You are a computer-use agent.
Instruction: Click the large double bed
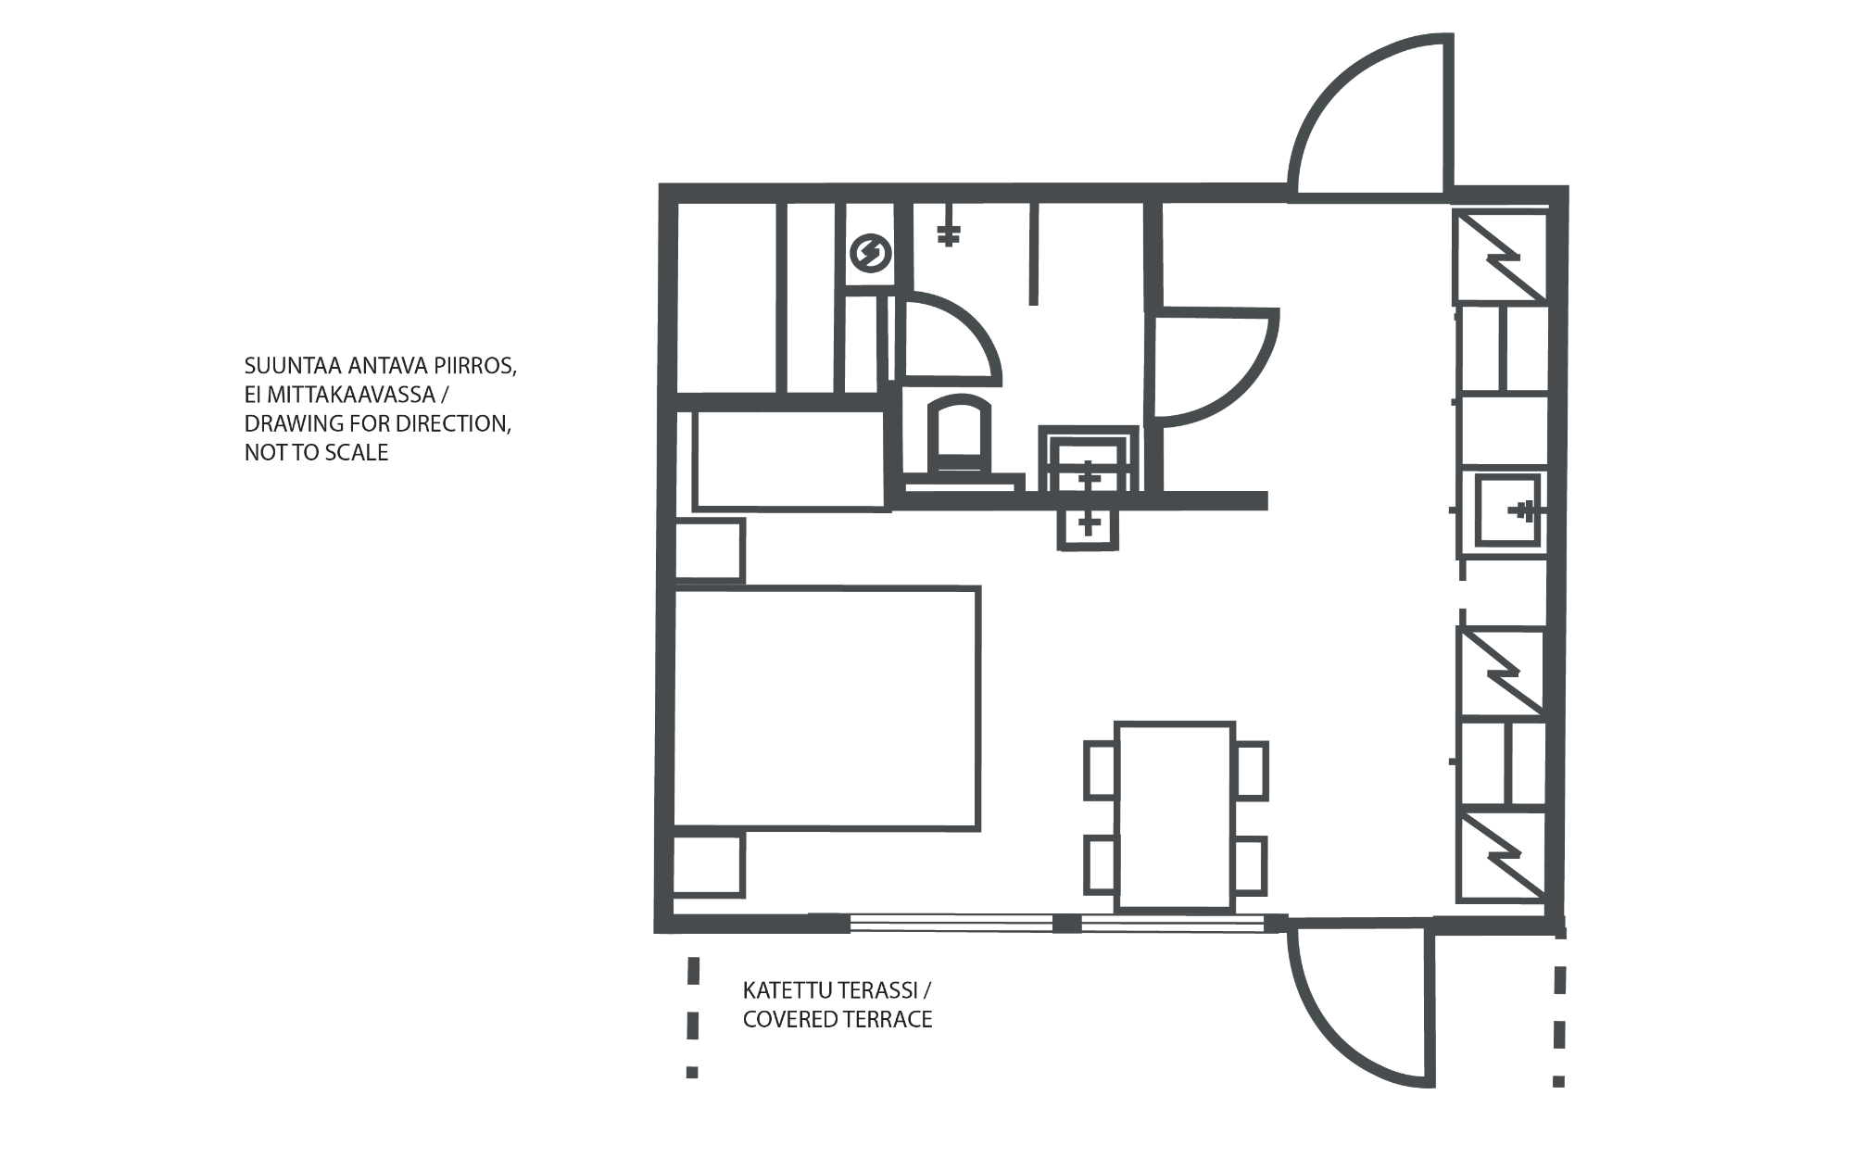click(825, 708)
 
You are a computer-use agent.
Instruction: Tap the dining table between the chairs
click(1175, 816)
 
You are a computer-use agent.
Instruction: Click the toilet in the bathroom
click(960, 440)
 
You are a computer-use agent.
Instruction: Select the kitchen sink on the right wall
click(1506, 510)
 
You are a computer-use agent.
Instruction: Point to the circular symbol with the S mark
click(870, 253)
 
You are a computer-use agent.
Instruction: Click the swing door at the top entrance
click(1370, 117)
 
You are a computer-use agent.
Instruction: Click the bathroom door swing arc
click(1216, 368)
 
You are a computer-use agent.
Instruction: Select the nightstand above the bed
click(709, 551)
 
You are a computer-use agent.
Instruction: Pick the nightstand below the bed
click(709, 865)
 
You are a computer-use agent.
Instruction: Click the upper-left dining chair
click(1101, 770)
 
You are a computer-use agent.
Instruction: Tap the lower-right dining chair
click(1251, 865)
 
